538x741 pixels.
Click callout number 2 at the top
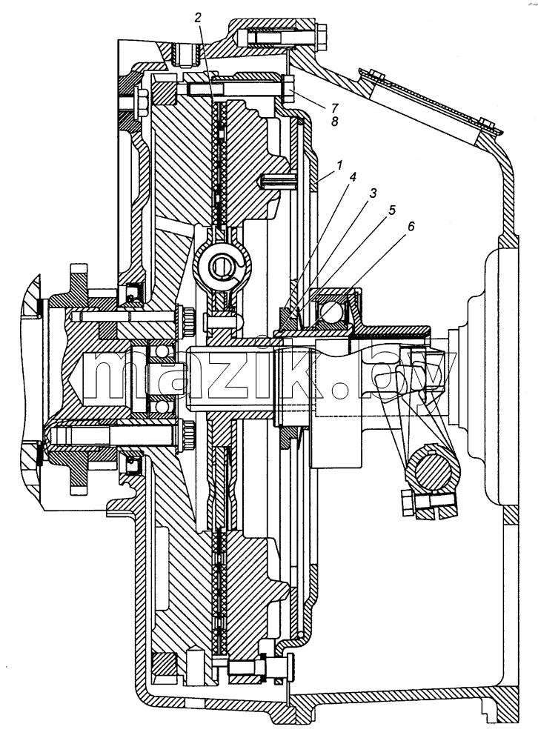coord(198,18)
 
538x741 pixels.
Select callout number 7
coord(335,107)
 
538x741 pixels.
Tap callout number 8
coord(335,122)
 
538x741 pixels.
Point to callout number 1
coord(339,165)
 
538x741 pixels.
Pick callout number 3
coord(373,193)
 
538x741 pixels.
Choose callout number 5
coord(391,210)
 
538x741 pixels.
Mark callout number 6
coord(411,226)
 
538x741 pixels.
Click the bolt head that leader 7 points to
coord(289,89)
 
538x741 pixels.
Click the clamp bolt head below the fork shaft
coord(407,502)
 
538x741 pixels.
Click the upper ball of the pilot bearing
coord(162,352)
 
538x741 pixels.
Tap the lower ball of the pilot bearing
coord(162,405)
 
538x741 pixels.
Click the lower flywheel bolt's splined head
coord(187,435)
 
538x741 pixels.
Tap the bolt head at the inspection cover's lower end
coord(487,124)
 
